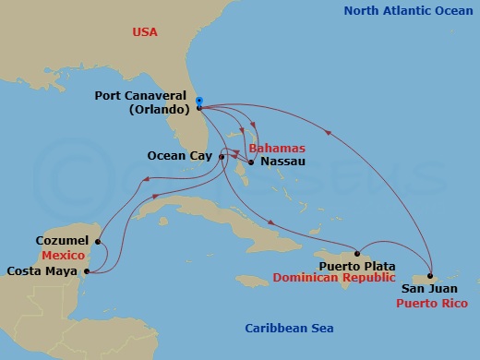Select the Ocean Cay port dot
[x=222, y=156]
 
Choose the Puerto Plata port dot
[x=357, y=252]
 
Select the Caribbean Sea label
[x=288, y=329]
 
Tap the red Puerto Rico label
[x=430, y=302]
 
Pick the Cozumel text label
[x=61, y=239]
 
